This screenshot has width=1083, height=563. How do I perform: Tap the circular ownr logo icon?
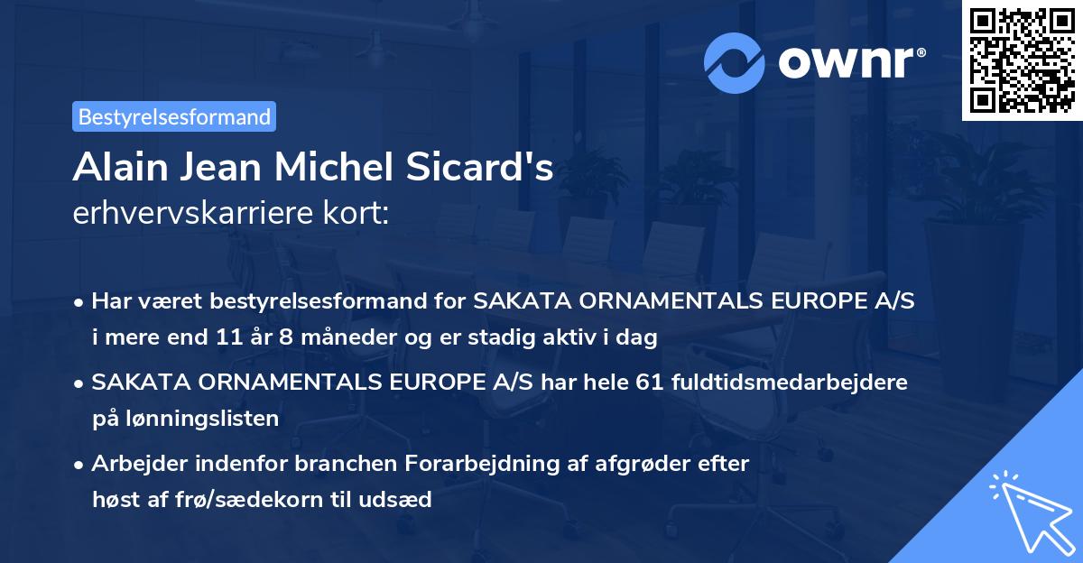(735, 63)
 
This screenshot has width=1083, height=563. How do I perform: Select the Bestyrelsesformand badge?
(174, 116)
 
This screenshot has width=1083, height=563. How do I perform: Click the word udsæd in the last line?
(403, 499)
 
